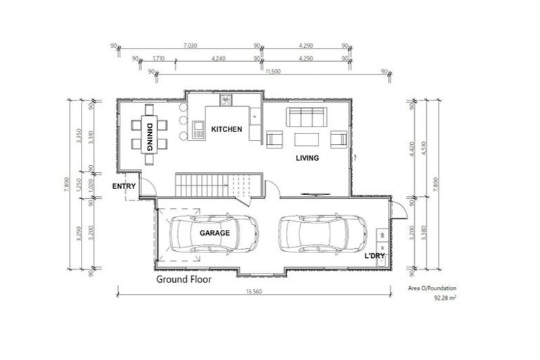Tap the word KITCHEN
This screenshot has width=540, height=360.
(x=226, y=129)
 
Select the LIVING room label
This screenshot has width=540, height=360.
(x=307, y=158)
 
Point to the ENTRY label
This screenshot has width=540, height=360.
(x=124, y=186)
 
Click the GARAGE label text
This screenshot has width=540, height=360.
(x=214, y=232)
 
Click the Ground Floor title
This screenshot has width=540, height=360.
(x=184, y=279)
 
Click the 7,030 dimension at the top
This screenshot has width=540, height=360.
(x=188, y=46)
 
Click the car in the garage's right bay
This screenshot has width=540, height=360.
(x=323, y=233)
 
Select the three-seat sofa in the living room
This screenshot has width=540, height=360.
(x=305, y=116)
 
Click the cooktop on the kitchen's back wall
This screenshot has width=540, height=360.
(x=226, y=100)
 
